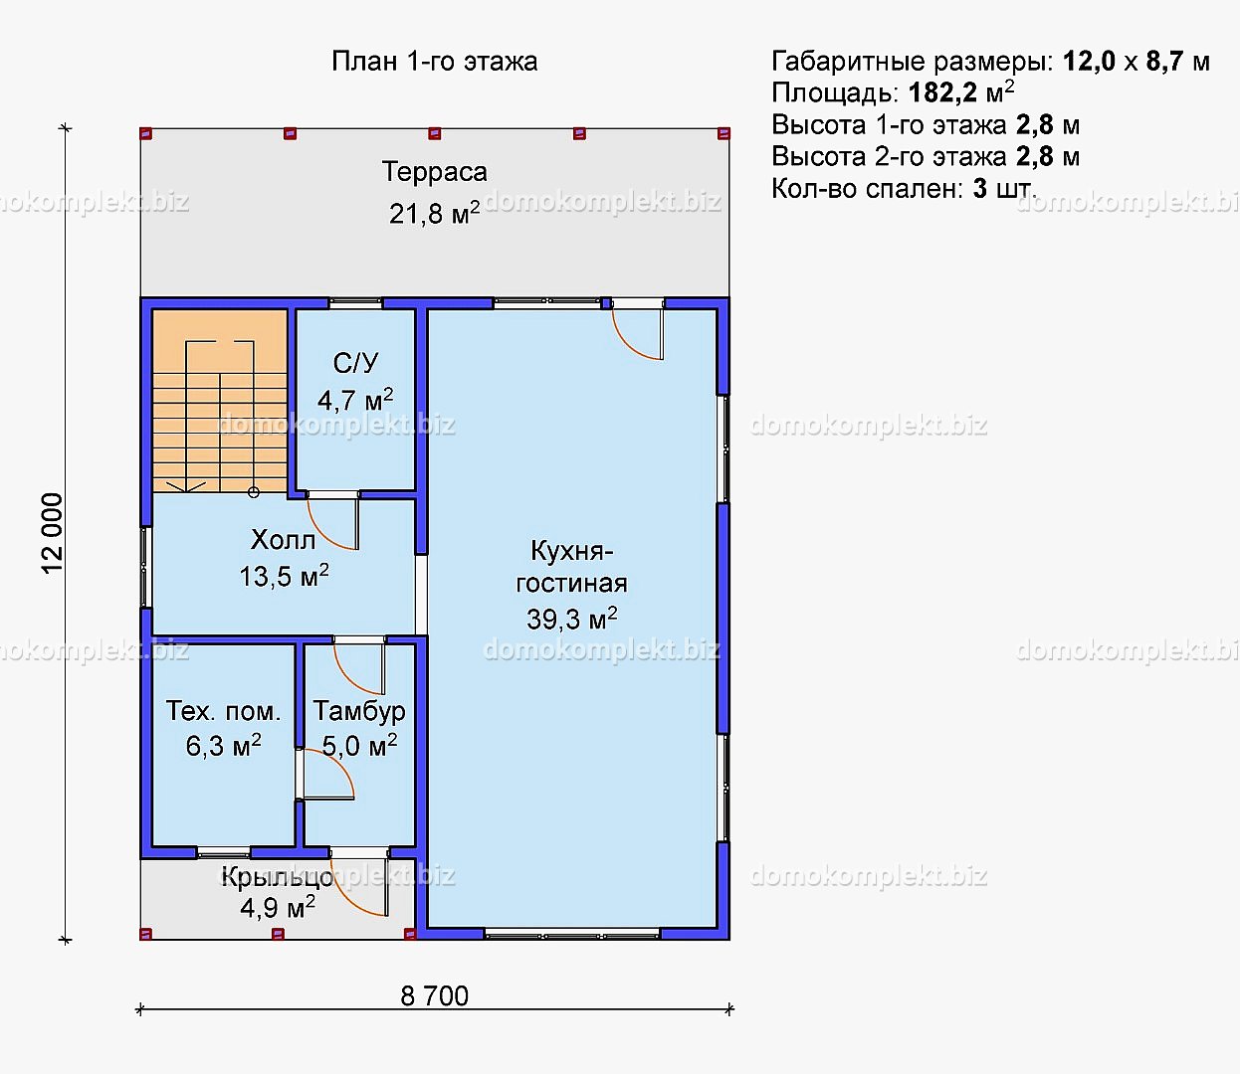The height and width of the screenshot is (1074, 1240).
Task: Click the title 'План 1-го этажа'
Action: (434, 61)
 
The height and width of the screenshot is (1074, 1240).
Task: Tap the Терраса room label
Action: (434, 172)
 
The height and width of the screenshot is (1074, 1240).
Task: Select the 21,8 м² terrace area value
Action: (434, 213)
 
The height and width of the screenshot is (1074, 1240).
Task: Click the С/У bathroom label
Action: (355, 363)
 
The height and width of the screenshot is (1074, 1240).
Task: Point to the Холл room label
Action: (283, 541)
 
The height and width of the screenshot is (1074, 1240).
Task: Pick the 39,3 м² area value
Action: (571, 619)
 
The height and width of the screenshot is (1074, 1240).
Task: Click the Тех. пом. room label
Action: (223, 711)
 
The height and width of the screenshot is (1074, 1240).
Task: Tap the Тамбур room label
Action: (358, 711)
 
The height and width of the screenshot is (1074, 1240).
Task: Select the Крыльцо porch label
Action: (277, 877)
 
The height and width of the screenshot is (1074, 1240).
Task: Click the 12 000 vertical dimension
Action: (52, 533)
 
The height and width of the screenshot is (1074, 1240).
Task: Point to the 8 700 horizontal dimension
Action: (434, 996)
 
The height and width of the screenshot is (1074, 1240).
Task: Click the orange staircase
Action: (219, 401)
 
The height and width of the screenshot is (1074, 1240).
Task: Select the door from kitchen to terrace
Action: (638, 332)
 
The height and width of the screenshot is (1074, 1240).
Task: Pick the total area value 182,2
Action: (943, 92)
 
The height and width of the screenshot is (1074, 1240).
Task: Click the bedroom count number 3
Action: (979, 189)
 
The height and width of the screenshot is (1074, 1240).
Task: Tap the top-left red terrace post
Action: (145, 133)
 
